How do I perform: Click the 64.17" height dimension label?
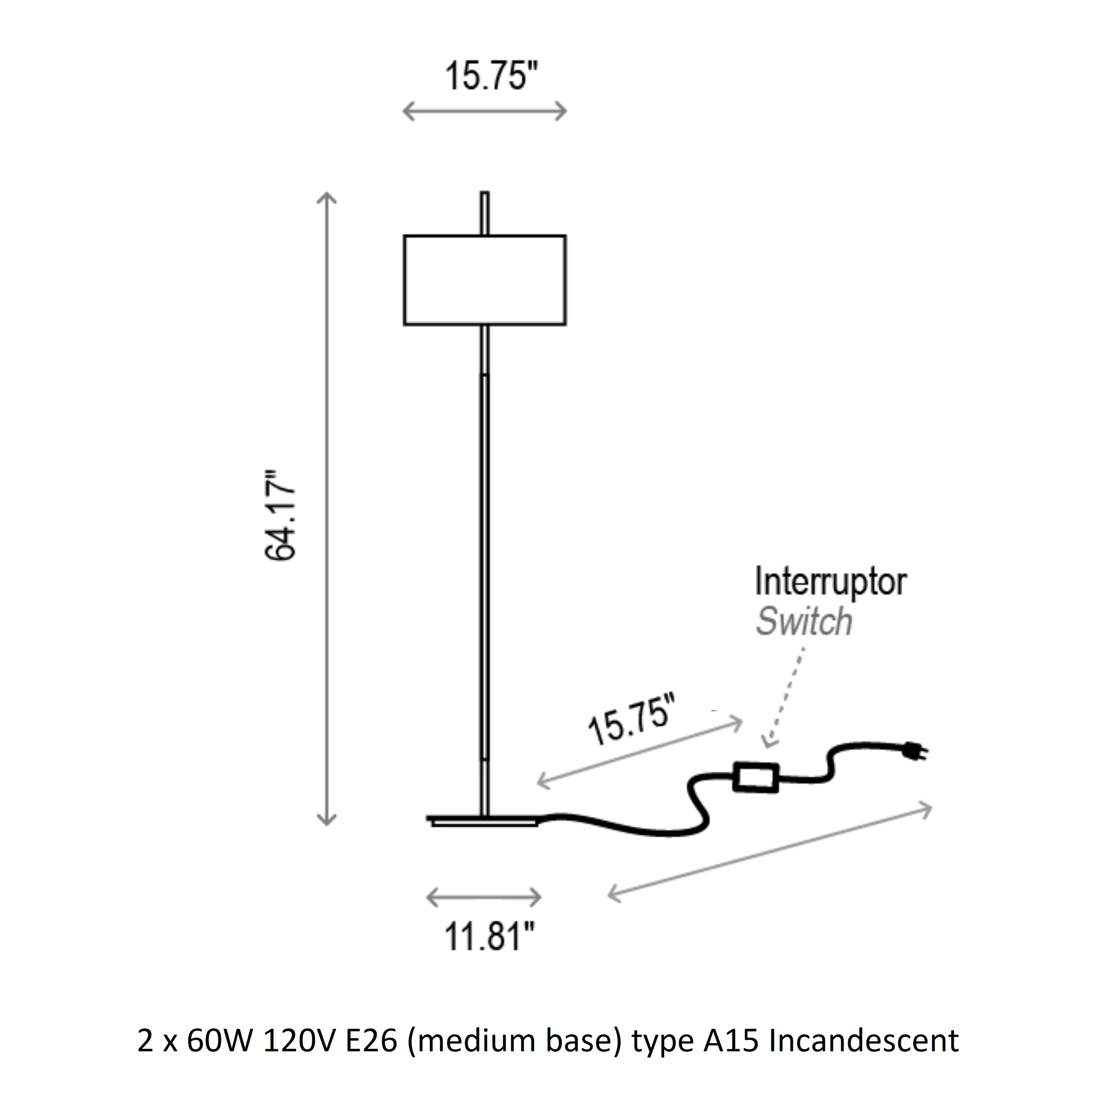(x=281, y=515)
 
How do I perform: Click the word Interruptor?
(x=831, y=582)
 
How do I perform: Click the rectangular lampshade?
(x=485, y=280)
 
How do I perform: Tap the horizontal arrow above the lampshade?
(x=485, y=111)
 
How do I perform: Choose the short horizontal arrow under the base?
(x=484, y=897)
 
